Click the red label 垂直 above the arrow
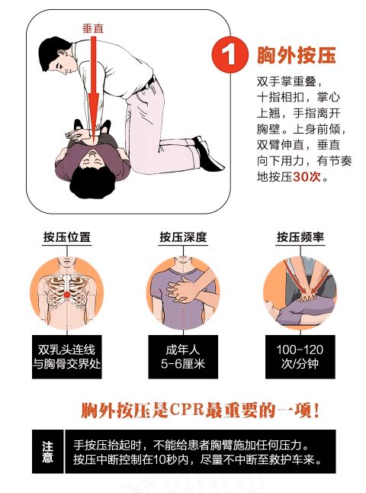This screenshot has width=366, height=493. click(x=93, y=27)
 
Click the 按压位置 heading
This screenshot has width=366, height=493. click(x=67, y=237)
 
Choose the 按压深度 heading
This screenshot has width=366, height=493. click(x=183, y=237)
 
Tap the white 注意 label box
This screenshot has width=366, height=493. click(x=47, y=452)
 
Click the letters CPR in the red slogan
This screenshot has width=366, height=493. click(x=194, y=410)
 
